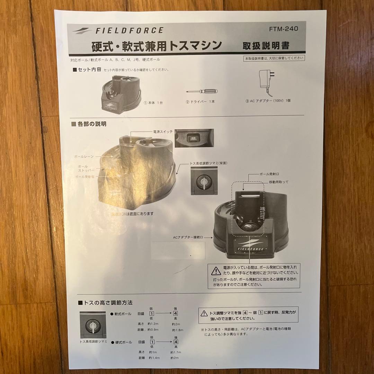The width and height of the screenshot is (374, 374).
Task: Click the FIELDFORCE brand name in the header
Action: coord(129,30)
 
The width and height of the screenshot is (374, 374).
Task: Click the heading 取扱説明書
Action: coord(266,45)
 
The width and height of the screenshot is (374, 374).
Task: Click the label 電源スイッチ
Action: coord(163,132)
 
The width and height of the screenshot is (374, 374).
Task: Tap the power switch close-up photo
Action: coord(194,138)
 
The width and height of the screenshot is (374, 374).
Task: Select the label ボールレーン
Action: coord(84,157)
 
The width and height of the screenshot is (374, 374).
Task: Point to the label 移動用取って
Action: coord(276,182)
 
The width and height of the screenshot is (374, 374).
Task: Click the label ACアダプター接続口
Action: coord(192,238)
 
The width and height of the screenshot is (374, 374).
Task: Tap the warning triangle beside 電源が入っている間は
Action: coord(216,271)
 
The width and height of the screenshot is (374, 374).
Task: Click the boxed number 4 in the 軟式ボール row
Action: coord(176,313)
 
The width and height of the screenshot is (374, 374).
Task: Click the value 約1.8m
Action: coord(177,330)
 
